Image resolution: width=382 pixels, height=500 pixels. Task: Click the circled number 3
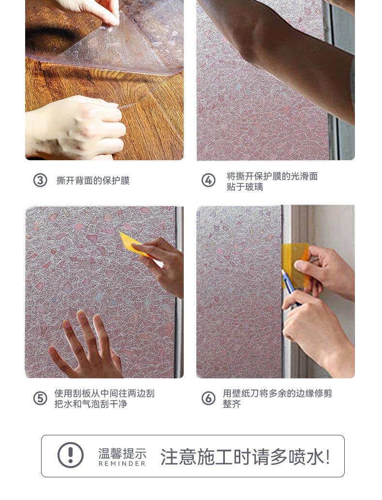click(x=40, y=180)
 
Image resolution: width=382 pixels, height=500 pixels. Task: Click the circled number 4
click(x=208, y=180)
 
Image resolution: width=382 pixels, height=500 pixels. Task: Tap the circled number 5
click(x=40, y=398)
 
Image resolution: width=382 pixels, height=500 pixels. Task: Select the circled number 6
click(x=208, y=398)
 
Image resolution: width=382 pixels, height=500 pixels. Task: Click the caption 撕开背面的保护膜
click(x=93, y=181)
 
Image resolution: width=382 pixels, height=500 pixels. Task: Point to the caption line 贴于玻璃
click(x=245, y=187)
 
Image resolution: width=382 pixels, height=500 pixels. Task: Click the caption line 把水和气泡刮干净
click(x=91, y=404)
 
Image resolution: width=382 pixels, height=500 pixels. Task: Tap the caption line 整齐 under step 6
click(x=232, y=404)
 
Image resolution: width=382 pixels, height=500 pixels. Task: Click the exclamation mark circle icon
click(x=71, y=455)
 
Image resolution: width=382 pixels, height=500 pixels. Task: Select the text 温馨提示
click(x=122, y=453)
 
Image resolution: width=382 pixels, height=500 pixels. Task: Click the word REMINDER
click(x=122, y=464)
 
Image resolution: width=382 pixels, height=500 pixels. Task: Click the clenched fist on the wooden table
click(x=77, y=127)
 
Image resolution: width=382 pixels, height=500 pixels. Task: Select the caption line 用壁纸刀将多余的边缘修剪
click(x=277, y=393)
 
